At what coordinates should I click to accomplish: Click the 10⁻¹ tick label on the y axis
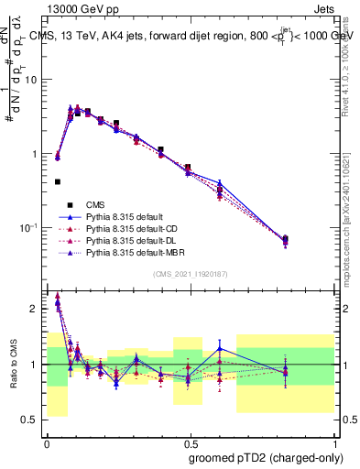(30, 228)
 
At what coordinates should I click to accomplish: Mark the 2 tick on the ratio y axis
(37, 309)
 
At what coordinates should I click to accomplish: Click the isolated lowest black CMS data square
(58, 182)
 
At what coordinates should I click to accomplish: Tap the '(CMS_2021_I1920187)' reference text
(191, 275)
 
